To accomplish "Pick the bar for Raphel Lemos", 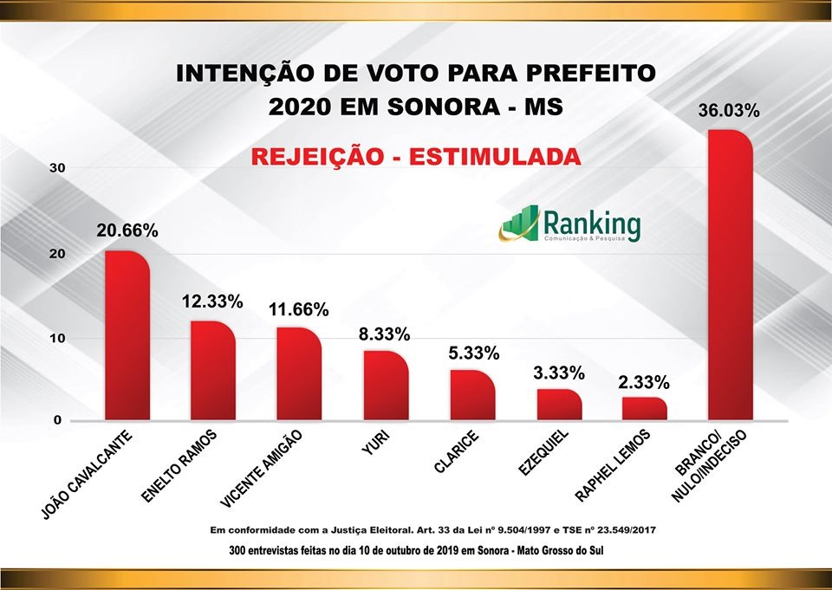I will point(645,408).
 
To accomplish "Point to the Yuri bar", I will point(386,386).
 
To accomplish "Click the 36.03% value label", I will point(729,112).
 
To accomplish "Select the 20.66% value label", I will point(127,231).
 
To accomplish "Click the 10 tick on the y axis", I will point(56,338).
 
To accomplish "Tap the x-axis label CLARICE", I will point(454,454).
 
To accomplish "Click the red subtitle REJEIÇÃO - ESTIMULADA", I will point(415,157).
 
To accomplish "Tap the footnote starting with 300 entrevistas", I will point(415,550).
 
